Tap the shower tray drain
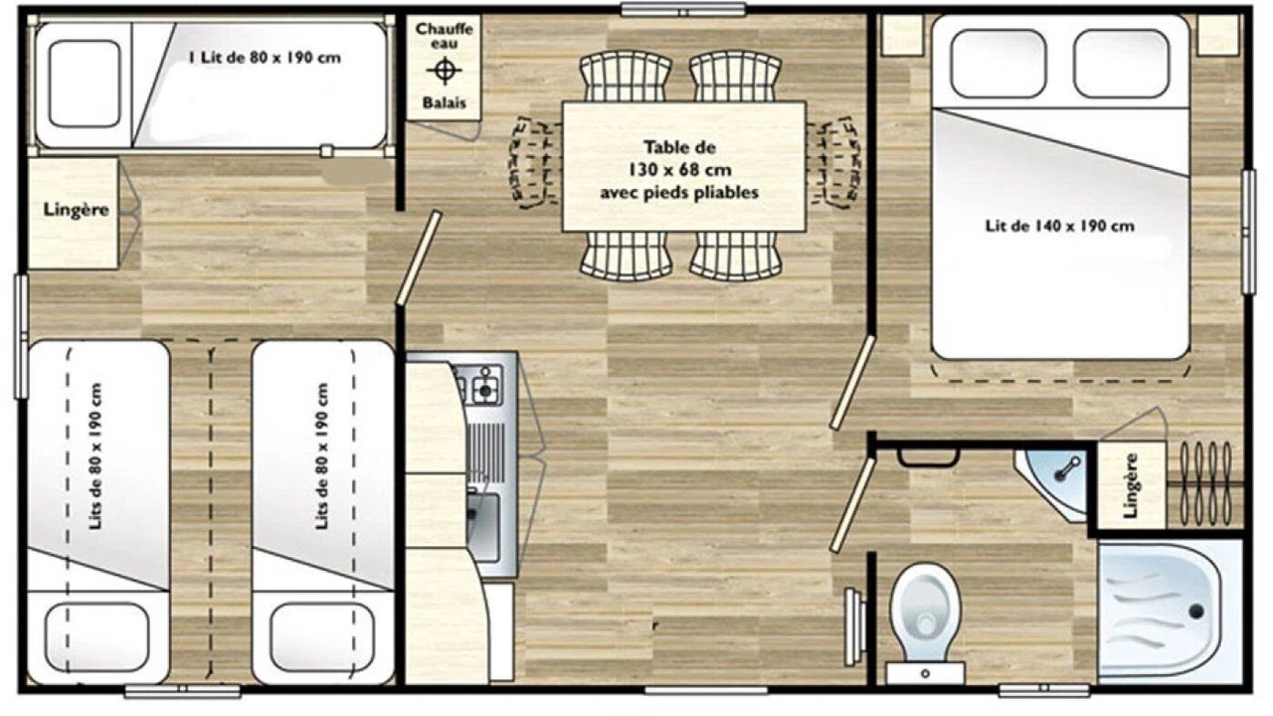pos(1196,612)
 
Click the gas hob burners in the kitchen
pos(480,384)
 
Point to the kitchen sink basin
pos(483,526)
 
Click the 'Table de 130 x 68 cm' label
pos(679,158)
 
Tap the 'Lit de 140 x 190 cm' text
pos(1060,226)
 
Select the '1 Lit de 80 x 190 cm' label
pos(265,58)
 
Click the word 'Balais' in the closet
pos(444,102)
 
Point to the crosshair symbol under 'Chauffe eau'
pos(445,71)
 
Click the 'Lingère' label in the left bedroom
pos(76,210)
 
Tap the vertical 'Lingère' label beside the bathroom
pos(1131,485)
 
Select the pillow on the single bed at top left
pos(85,84)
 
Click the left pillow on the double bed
pos(998,63)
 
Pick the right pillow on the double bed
pos(1121,63)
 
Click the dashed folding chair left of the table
pos(532,162)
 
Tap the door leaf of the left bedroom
pos(419,258)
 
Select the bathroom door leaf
pos(852,504)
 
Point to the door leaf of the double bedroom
pos(852,383)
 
